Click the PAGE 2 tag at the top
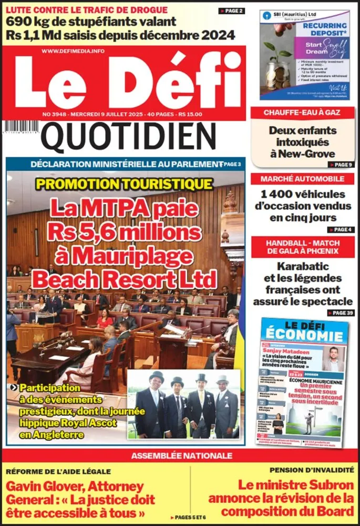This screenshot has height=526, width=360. [231, 11]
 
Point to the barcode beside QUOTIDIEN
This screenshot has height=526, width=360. [22, 127]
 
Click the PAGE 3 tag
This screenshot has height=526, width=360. [231, 164]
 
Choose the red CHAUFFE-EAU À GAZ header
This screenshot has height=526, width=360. [302, 113]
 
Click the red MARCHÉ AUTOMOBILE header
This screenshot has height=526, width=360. [302, 179]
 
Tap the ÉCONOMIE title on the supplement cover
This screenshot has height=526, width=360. [304, 335]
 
